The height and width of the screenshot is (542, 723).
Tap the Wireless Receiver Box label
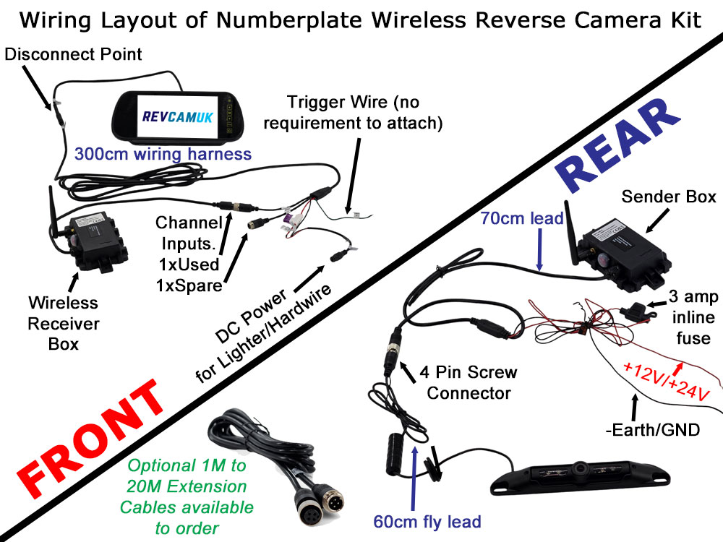(64, 323)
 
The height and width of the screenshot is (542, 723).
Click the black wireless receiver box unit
(97, 237)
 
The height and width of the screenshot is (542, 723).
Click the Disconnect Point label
(72, 54)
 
